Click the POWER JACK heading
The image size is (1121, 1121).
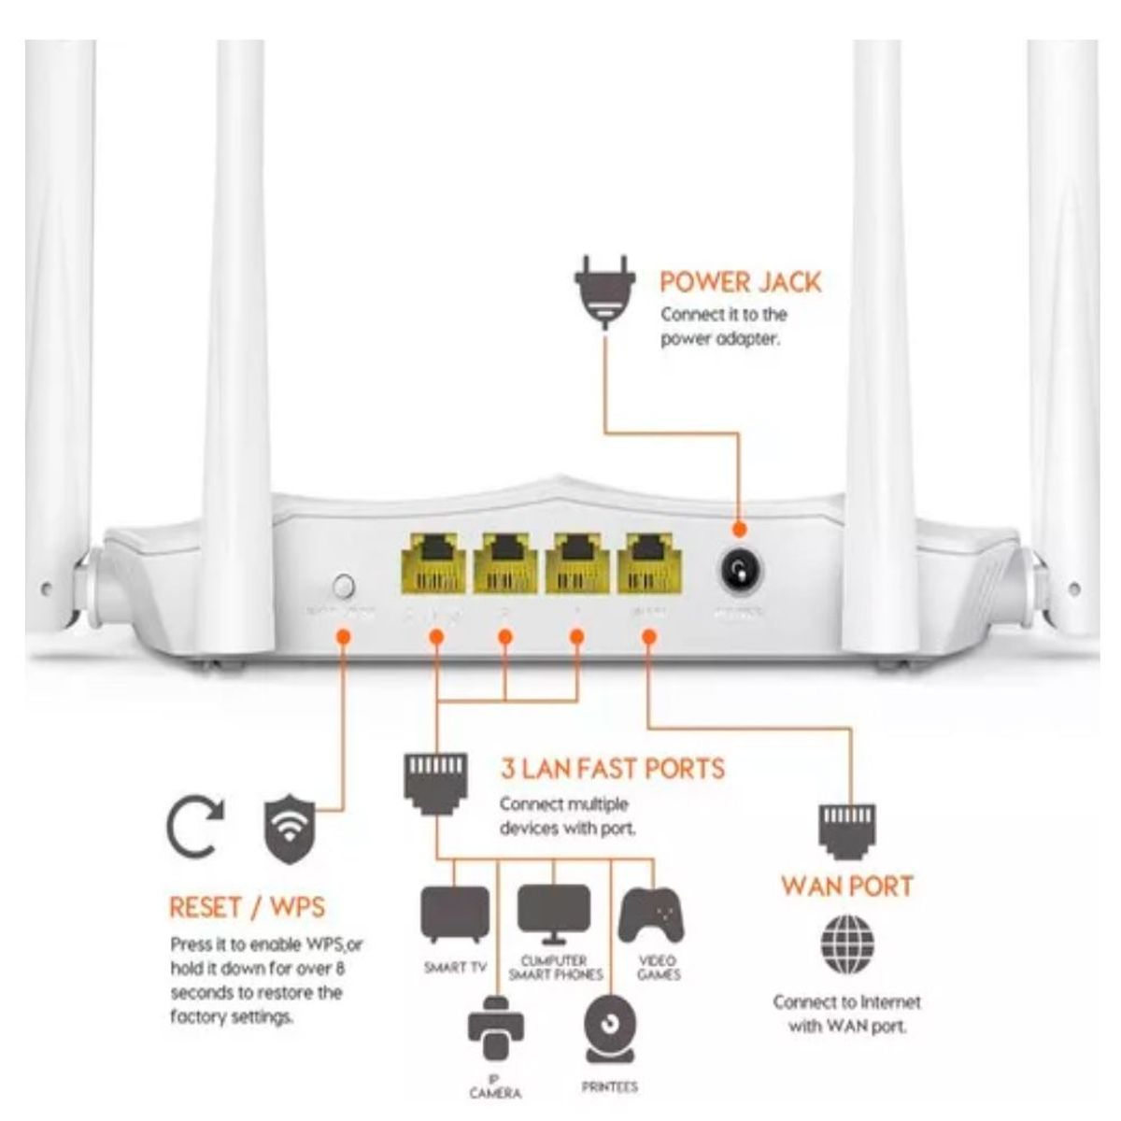pos(740,281)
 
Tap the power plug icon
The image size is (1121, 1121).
pos(604,290)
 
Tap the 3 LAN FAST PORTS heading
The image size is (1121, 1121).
pos(612,769)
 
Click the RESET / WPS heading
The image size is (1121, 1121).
pos(247,907)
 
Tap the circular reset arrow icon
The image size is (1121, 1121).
pos(195,829)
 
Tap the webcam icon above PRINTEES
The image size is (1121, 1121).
pos(610,1028)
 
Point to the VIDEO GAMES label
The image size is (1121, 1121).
pos(659,968)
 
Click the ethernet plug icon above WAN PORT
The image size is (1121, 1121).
pos(846,828)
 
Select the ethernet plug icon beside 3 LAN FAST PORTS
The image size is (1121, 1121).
pos(434,781)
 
